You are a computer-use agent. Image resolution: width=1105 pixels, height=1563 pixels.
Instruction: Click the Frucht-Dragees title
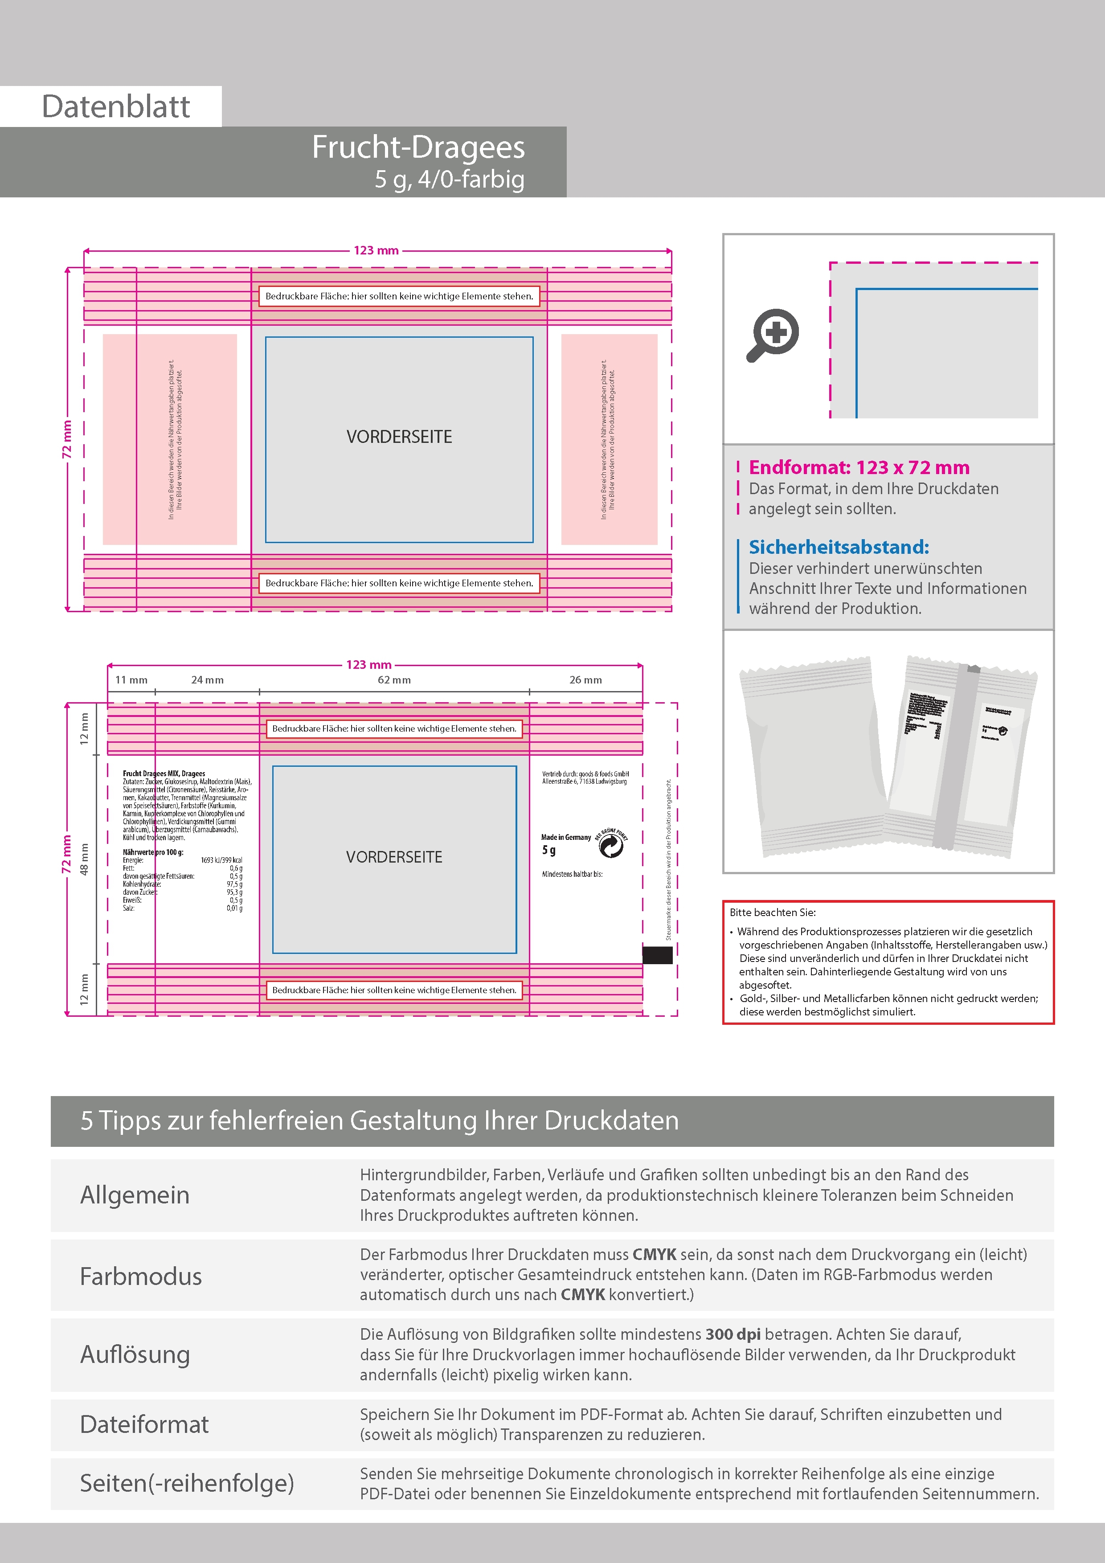point(418,147)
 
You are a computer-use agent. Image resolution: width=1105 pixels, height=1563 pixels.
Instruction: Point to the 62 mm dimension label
point(394,679)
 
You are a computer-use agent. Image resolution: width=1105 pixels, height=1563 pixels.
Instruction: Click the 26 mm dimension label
point(585,679)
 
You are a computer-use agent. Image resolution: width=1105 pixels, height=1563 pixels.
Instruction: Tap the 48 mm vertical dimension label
point(84,859)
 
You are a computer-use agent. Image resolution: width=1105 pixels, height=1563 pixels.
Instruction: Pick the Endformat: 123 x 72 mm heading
point(859,468)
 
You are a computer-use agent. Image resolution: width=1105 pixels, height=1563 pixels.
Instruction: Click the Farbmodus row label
point(141,1276)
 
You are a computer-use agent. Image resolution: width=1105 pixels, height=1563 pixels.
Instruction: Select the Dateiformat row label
point(144,1424)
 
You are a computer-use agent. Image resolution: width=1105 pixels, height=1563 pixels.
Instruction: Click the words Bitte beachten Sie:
point(772,912)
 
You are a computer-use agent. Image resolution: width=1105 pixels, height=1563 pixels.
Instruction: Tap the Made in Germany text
point(566,837)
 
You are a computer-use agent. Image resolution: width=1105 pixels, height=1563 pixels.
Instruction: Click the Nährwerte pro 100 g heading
point(153,851)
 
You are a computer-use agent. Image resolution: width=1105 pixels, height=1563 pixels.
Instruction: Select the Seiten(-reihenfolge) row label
point(187,1483)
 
